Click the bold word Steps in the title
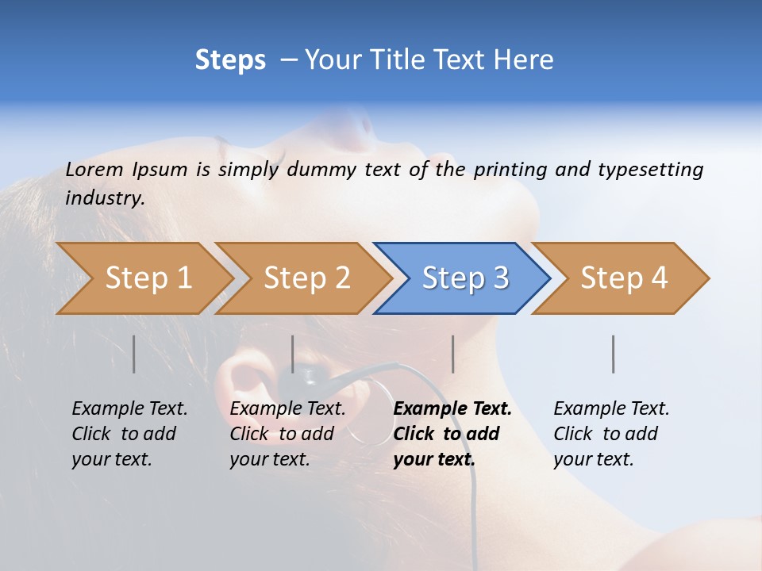230,60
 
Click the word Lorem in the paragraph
94,170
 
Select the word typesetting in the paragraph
650,170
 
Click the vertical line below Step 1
134,354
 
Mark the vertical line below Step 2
293,354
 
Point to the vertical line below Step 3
453,354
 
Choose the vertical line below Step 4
614,354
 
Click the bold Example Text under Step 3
452,409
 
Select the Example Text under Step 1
129,409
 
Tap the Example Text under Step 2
287,409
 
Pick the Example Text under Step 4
611,409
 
